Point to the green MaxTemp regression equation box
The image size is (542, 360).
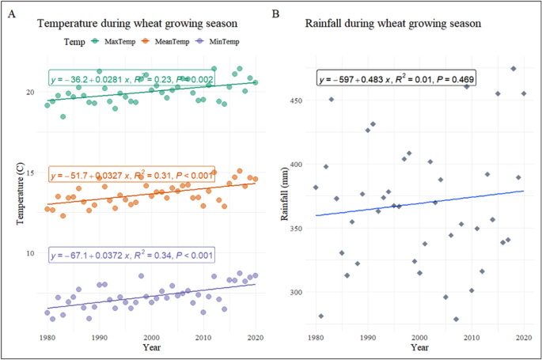131,79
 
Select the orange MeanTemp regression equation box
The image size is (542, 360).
131,176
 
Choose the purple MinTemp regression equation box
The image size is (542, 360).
131,256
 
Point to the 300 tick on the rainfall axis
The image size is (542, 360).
299,292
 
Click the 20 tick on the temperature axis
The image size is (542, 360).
32,92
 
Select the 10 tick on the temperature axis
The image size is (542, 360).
32,253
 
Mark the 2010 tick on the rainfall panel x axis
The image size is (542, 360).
472,337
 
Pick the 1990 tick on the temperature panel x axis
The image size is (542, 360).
99,337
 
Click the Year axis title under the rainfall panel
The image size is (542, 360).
419,347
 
